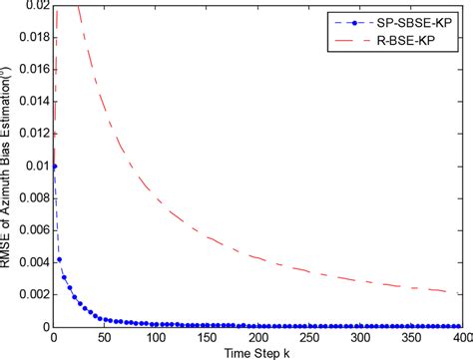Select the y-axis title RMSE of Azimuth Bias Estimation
pos(9,165)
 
